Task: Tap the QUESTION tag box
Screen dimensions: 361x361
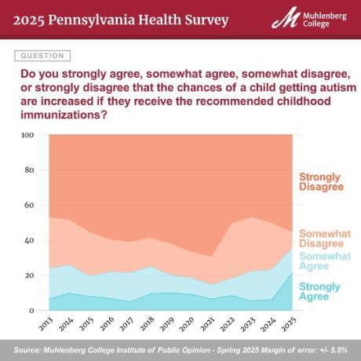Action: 42,56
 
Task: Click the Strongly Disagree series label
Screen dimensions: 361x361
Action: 322,181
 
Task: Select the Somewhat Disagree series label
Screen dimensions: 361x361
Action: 324,238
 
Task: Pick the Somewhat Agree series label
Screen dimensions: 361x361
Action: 324,261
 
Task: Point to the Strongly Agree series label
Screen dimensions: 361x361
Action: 320,292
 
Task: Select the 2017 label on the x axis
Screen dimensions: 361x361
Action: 126,323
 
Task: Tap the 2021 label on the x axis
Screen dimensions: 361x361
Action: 207,323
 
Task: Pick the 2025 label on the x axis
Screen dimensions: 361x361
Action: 289,323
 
